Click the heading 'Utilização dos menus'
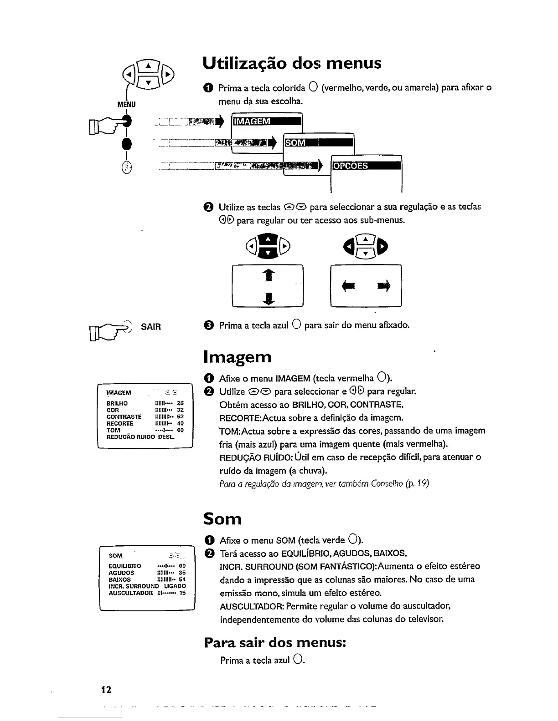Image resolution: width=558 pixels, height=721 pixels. tap(292, 63)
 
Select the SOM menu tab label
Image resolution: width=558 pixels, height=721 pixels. tap(295, 143)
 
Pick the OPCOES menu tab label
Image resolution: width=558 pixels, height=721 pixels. tap(351, 166)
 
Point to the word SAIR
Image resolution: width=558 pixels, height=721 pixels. tap(151, 327)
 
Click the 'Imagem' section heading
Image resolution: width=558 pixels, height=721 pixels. tap(238, 357)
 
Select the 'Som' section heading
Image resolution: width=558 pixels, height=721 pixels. tap(222, 518)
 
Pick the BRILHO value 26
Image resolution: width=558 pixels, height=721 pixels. tap(180, 403)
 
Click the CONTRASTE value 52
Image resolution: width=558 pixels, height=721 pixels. tap(180, 416)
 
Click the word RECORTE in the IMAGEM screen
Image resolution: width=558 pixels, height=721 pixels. tap(119, 423)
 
